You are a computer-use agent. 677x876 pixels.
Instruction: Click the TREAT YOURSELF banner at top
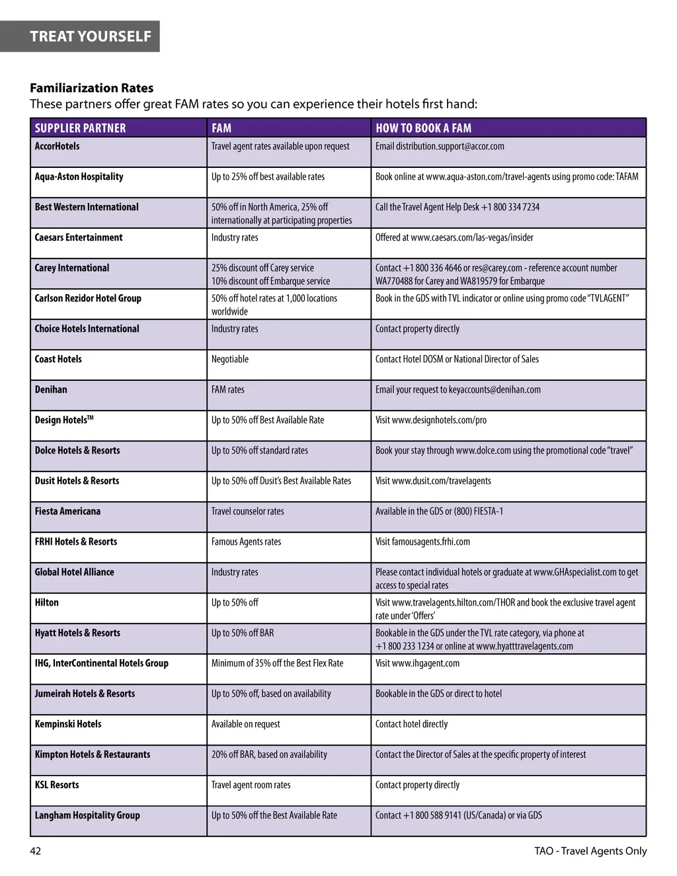coord(91,36)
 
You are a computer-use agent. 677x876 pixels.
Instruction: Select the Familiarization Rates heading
coord(91,88)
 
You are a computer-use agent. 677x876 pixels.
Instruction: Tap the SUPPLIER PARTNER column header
coord(80,128)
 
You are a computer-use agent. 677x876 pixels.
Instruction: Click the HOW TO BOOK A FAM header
coord(423,128)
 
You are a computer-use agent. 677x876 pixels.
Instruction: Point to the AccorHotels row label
coord(57,146)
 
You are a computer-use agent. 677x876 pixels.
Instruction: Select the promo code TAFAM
coord(627,177)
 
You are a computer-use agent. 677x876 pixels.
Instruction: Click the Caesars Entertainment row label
coord(79,237)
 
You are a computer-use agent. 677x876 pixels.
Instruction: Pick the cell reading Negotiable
coord(230,359)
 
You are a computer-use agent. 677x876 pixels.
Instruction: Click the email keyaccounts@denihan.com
coord(495,389)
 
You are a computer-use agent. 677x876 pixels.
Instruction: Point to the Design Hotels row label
coord(63,420)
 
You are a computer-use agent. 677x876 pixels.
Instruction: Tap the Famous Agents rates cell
coord(246,541)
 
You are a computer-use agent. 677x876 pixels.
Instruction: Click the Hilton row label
coord(46,602)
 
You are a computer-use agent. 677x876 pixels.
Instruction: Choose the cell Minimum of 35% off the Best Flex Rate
coord(277,663)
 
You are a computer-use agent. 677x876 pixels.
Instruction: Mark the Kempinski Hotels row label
coord(68,724)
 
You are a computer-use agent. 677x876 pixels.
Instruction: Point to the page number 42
coord(36,851)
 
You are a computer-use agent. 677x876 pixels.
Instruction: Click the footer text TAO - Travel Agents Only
coord(590,851)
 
